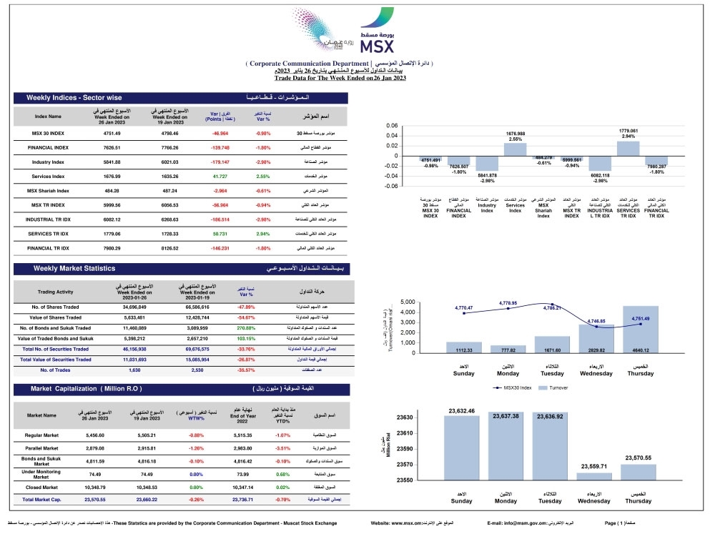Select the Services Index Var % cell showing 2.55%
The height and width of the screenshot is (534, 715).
[263, 176]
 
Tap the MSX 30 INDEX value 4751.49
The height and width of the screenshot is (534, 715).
[112, 133]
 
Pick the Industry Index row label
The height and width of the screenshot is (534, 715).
[49, 162]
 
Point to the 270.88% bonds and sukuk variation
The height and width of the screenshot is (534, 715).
[245, 327]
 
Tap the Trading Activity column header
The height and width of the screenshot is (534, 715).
[55, 292]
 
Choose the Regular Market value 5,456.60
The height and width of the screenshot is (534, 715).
[95, 435]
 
